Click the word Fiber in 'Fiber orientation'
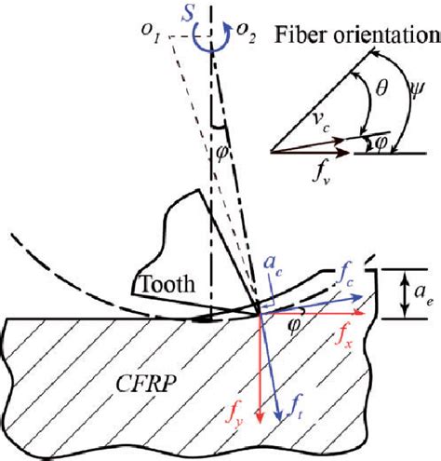click(x=297, y=36)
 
